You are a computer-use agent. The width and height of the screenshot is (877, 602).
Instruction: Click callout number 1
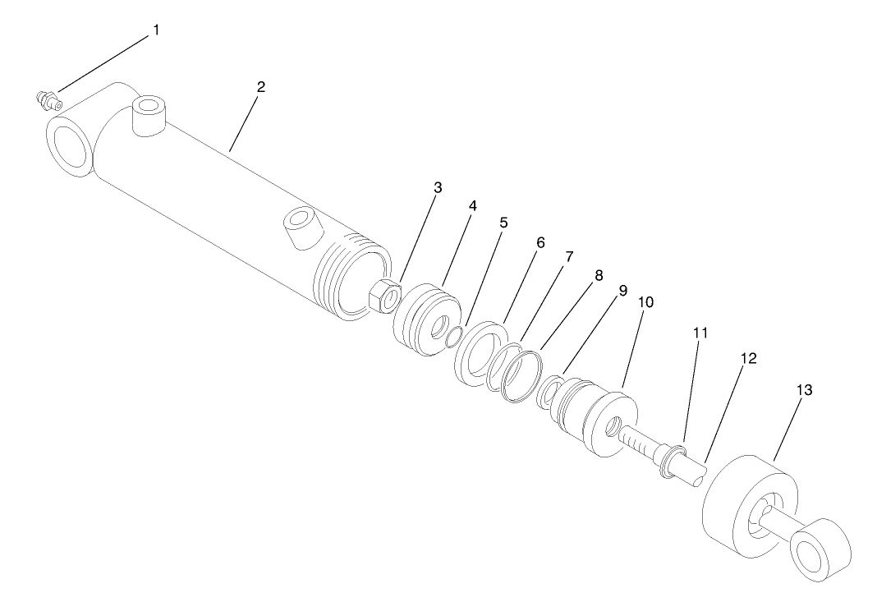156,30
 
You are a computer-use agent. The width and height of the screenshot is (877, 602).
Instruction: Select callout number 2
261,86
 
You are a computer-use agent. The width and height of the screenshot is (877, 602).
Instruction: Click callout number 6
540,244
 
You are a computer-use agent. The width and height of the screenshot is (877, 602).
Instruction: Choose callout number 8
599,276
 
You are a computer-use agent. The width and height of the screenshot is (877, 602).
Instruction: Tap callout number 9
622,291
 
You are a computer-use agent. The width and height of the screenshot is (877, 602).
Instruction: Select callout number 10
645,302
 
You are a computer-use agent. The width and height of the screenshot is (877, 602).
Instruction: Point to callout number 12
748,359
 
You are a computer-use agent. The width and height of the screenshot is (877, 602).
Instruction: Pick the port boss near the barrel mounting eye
149,113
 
